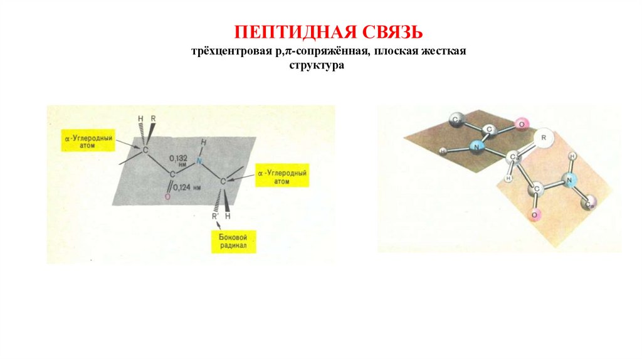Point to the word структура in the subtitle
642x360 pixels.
pyautogui.click(x=317, y=65)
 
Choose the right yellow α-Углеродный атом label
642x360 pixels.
pyautogui.click(x=282, y=176)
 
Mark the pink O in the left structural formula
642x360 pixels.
pyautogui.click(x=167, y=198)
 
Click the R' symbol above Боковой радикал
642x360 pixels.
pyautogui.click(x=214, y=216)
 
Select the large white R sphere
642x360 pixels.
pyautogui.click(x=544, y=137)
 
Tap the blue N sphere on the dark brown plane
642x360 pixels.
pyautogui.click(x=478, y=148)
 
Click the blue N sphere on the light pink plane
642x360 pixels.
pyautogui.click(x=570, y=181)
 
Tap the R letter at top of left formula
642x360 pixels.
pyautogui.click(x=153, y=119)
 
